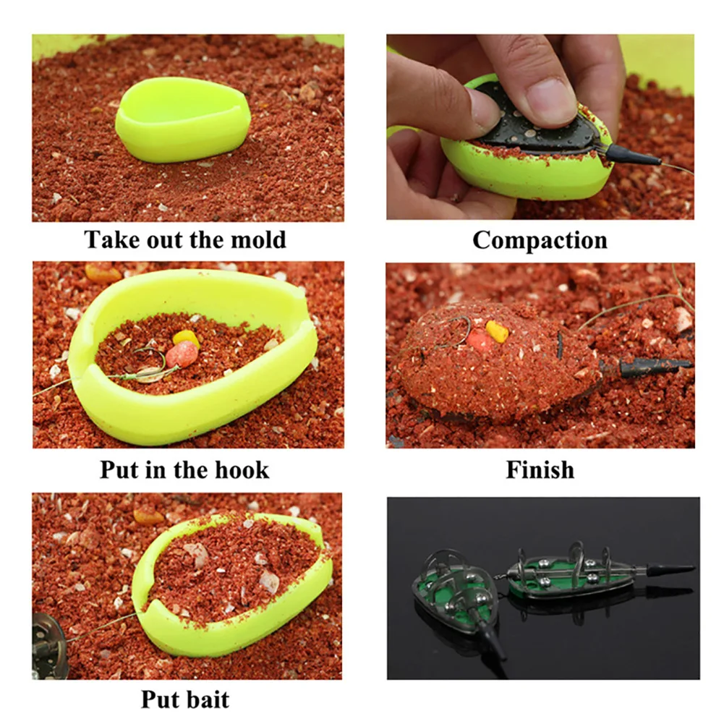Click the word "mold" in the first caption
[257, 239]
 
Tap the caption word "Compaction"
[540, 240]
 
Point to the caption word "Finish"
[540, 469]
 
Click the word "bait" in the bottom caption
[206, 699]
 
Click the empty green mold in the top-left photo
[183, 120]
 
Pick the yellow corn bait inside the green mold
[186, 338]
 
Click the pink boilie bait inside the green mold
[182, 354]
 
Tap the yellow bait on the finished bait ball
[497, 331]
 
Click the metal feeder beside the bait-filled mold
[49, 642]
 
